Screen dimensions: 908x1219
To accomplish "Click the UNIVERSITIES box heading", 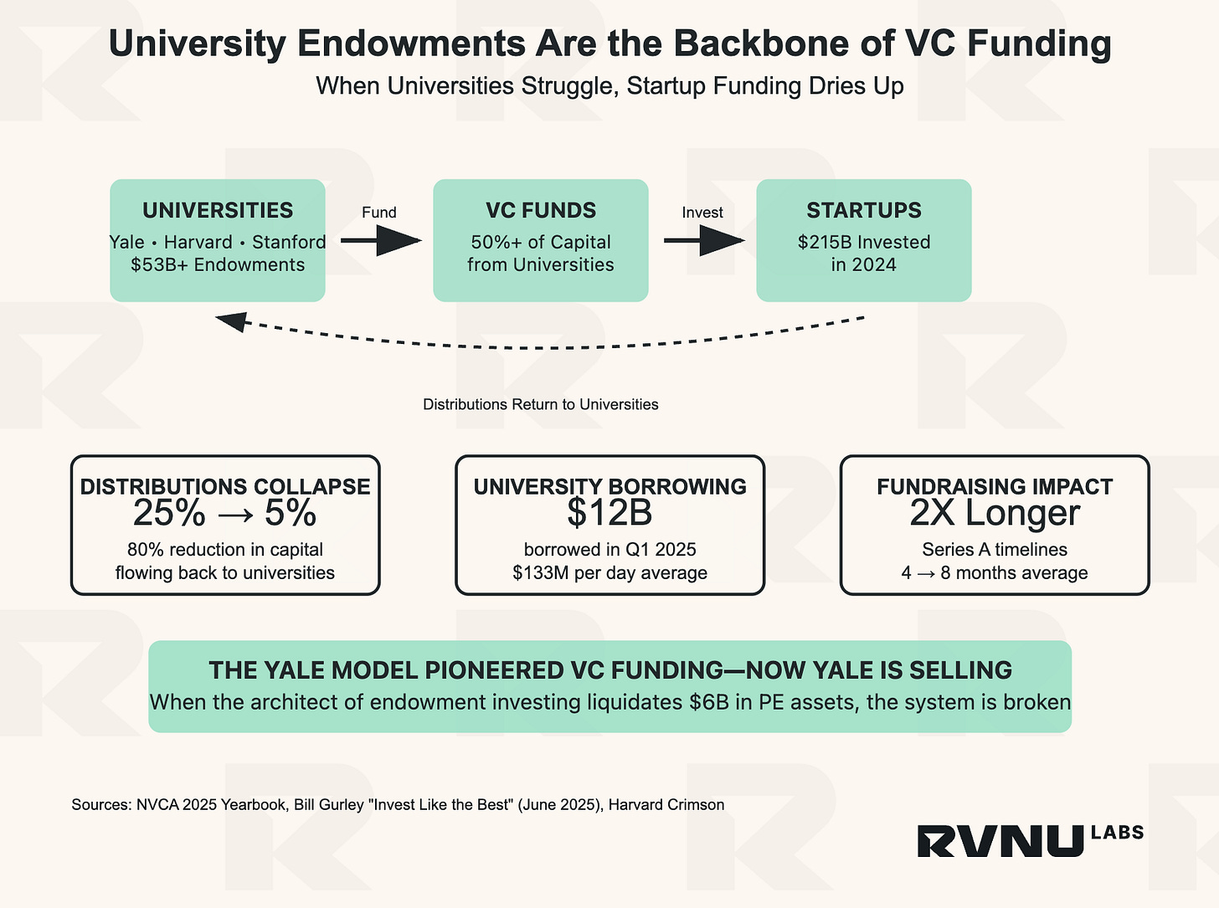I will (218, 211).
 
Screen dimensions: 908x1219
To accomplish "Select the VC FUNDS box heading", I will (541, 211).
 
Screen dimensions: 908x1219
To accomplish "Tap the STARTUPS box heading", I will (863, 211).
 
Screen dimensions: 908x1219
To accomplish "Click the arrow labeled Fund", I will (380, 241).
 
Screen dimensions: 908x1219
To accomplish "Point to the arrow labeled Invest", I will (703, 241).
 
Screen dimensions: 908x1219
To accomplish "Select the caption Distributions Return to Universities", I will (540, 405).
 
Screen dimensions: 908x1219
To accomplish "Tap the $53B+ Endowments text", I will (218, 265).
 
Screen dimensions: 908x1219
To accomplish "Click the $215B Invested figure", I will (863, 243).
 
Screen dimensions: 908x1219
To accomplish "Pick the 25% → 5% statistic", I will (224, 514).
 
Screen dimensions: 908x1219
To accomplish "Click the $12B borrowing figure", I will (609, 514).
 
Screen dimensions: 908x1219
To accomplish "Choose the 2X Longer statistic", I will (995, 514).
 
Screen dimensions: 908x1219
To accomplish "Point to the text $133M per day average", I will (609, 573).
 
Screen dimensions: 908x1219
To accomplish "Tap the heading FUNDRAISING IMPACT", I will (995, 486).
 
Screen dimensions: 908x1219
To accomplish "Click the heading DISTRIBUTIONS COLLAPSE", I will (224, 486).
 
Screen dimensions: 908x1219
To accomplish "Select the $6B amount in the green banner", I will (708, 702).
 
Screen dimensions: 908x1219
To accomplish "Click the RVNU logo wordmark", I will (1000, 841).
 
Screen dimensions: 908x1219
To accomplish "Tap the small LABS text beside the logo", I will (1117, 833).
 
